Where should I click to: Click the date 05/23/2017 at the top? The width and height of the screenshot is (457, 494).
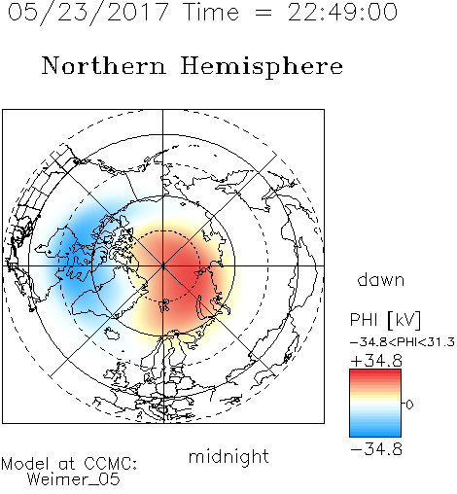pyautogui.click(x=88, y=13)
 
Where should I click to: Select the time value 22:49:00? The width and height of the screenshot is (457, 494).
pyautogui.click(x=342, y=13)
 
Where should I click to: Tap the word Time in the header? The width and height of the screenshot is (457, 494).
pyautogui.click(x=211, y=13)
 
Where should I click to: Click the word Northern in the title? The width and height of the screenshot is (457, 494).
pyautogui.click(x=104, y=65)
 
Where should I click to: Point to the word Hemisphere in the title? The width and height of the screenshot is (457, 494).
pyautogui.click(x=262, y=67)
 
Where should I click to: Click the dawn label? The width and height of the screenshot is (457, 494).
pyautogui.click(x=381, y=280)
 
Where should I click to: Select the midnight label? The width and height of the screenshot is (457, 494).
pyautogui.click(x=228, y=457)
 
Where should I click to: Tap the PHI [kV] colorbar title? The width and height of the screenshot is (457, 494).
pyautogui.click(x=385, y=320)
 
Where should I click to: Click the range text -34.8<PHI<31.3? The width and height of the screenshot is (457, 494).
pyautogui.click(x=403, y=342)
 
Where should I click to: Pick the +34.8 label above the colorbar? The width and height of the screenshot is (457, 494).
pyautogui.click(x=376, y=361)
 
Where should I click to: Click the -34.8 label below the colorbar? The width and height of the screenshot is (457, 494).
pyautogui.click(x=376, y=449)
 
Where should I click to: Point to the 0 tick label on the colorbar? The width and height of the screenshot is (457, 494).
pyautogui.click(x=409, y=405)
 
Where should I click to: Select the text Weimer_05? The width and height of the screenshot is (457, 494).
pyautogui.click(x=74, y=479)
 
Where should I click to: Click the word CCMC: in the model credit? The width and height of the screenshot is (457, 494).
pyautogui.click(x=111, y=464)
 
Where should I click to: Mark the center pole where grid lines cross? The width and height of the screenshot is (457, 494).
pyautogui.click(x=163, y=266)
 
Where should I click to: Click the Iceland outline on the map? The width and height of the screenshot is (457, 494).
pyautogui.click(x=112, y=333)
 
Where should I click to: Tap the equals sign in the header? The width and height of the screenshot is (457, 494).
pyautogui.click(x=264, y=13)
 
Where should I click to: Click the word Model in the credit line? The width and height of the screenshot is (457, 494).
pyautogui.click(x=25, y=464)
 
